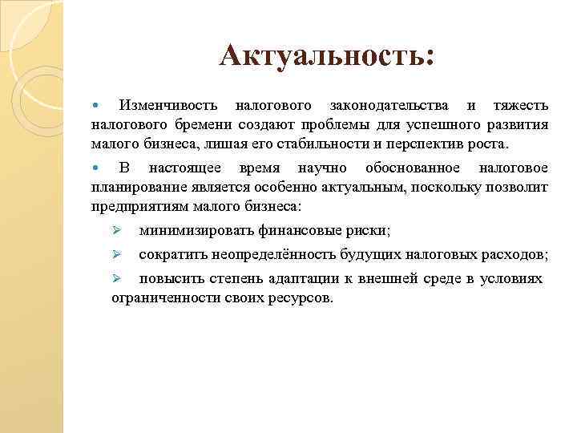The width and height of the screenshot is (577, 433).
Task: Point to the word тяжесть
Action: coord(520,106)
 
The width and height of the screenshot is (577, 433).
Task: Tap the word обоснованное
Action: coord(412,168)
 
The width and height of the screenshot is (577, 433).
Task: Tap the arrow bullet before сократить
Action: coord(116,255)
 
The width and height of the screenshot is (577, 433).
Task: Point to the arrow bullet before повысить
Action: coord(116,279)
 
